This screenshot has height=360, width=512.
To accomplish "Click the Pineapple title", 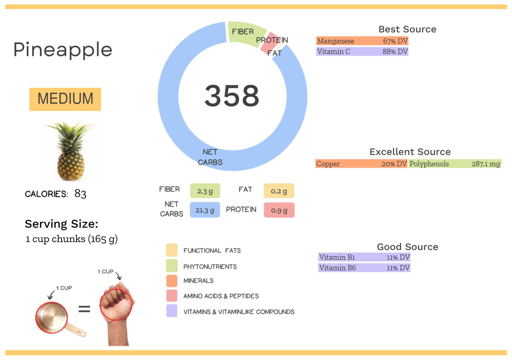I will [x=63, y=50].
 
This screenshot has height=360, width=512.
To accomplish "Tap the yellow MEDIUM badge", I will [x=65, y=99].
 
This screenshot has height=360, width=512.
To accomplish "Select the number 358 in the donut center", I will [x=232, y=96].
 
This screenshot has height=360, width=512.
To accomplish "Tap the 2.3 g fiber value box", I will [x=205, y=191].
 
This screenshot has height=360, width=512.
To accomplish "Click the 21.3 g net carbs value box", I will [x=205, y=210].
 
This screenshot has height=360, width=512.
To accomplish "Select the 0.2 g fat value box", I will [x=279, y=191].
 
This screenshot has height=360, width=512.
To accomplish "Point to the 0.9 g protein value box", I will [x=279, y=210].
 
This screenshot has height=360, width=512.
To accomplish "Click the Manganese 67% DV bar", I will [x=362, y=41].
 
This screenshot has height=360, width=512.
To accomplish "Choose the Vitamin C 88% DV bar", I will [x=362, y=52].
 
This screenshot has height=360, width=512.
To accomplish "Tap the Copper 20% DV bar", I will [x=361, y=164].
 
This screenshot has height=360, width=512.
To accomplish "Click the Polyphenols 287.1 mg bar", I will [x=455, y=164].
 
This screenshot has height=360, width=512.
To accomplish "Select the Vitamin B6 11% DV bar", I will [x=364, y=268].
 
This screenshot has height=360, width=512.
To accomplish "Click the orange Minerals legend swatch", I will [x=172, y=281].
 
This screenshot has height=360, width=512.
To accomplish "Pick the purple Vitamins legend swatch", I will [x=172, y=311].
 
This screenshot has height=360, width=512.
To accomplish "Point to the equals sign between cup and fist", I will [x=84, y=309].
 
